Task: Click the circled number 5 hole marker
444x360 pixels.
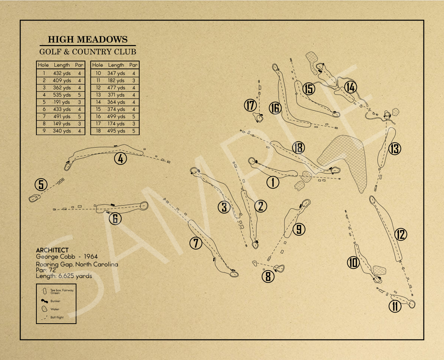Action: point(41,185)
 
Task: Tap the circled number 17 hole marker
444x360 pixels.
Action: point(250,105)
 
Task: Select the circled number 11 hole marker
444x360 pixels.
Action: point(395,306)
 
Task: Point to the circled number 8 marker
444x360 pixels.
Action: point(268,276)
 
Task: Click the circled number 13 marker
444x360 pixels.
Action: point(395,148)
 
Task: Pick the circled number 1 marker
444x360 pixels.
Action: point(273,182)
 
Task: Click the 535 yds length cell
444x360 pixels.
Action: point(62,95)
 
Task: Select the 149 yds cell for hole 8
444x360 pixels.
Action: point(62,124)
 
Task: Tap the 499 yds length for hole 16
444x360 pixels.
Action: point(116,117)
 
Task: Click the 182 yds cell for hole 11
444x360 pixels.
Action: point(116,81)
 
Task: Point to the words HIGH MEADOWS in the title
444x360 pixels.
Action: point(88,40)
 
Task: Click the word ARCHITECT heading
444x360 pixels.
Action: point(52,250)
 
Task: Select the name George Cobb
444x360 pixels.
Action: point(55,257)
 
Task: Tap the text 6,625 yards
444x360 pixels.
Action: point(75,276)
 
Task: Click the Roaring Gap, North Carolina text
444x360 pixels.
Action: point(77,264)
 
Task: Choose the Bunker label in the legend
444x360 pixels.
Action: point(55,301)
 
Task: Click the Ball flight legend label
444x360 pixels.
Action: point(57,318)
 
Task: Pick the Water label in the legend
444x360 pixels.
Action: point(55,309)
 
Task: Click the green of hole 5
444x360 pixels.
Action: point(34,198)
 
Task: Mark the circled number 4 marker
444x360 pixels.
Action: point(120,158)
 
